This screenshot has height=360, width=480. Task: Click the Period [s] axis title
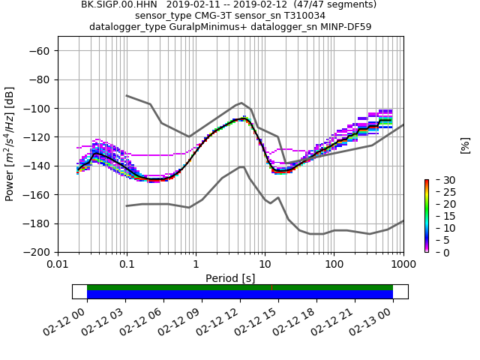coord(230,278)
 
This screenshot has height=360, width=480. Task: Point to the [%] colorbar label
coord(465,144)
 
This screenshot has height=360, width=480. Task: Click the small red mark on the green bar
coord(272,287)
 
